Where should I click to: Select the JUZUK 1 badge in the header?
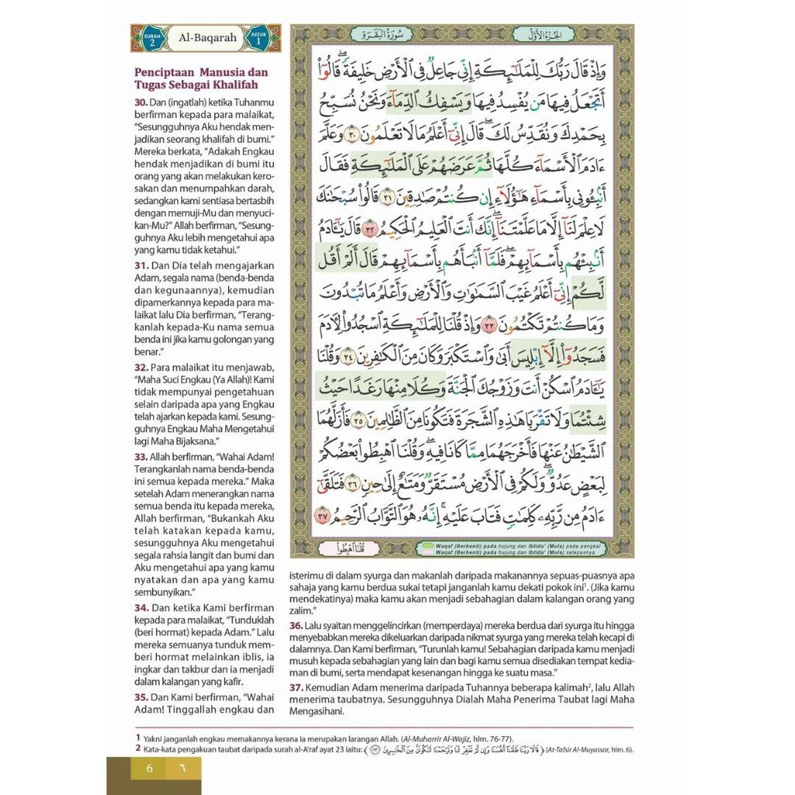tap(263, 37)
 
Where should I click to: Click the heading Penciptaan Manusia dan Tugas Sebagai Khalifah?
tap(200, 78)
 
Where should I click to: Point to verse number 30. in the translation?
tap(141, 102)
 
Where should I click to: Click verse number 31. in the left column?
tap(141, 266)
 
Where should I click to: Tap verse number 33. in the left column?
tap(141, 457)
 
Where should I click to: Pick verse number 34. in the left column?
tap(141, 607)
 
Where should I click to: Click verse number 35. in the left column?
tap(141, 697)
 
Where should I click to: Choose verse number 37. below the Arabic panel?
tap(296, 688)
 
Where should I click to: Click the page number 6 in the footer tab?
tap(148, 770)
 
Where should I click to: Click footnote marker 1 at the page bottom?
tap(138, 737)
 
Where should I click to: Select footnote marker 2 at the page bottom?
tap(138, 748)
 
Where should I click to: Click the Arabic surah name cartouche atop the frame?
tap(377, 34)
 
